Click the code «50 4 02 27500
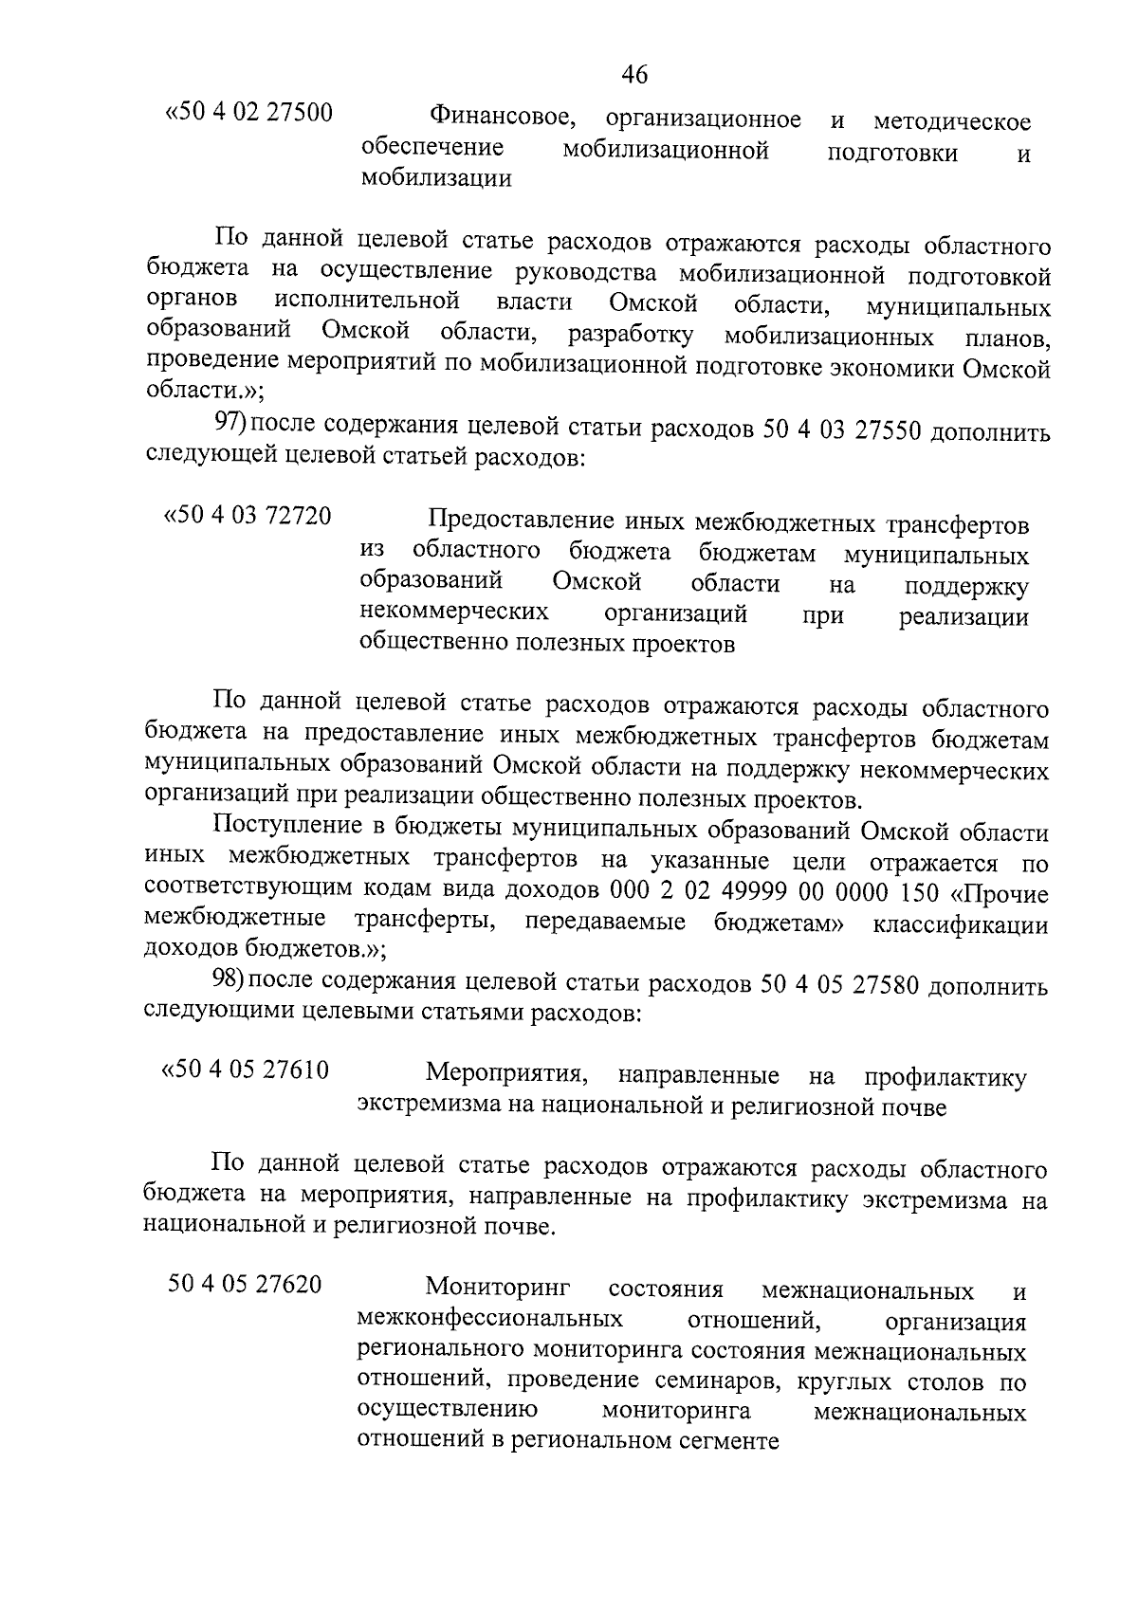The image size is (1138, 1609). [x=248, y=114]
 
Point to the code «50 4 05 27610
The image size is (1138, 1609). [x=246, y=1071]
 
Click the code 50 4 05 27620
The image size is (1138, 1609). [x=245, y=1285]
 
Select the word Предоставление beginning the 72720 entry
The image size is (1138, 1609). [x=520, y=521]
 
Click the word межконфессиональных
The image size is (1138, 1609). [x=490, y=1320]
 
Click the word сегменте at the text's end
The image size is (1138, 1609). [x=724, y=1442]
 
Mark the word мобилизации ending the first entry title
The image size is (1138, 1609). [x=436, y=178]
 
